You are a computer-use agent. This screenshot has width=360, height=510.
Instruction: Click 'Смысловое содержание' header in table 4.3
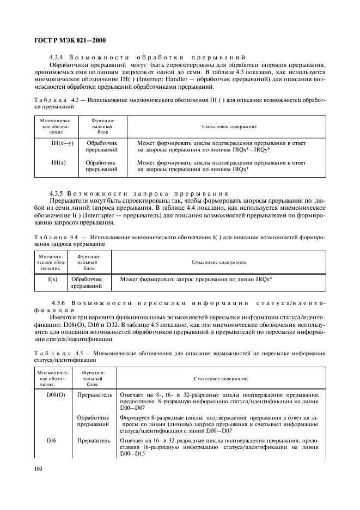click(x=229, y=126)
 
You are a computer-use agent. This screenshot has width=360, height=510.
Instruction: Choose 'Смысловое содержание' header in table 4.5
click(x=221, y=378)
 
